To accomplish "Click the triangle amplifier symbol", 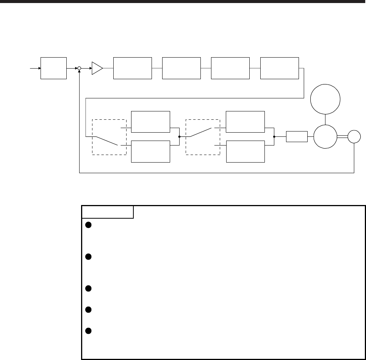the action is coord(97,68).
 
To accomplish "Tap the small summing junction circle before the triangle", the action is coord(79,68).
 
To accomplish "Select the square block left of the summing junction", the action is coord(53,68).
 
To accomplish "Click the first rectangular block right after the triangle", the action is coord(132,68).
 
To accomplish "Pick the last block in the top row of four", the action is coord(280,68).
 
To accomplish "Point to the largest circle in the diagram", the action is coord(325,99).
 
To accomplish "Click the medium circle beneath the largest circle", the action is coord(325,136).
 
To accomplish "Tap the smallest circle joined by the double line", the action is coord(354,136).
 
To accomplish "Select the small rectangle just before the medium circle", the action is coord(297,136).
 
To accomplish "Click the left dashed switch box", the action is coord(109,137).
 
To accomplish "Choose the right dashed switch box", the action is coord(203,137).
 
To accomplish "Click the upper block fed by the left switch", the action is coord(150,122).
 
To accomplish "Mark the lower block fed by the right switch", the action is coord(245,151).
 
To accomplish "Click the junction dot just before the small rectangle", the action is coord(274,136).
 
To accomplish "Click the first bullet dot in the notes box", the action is coord(87,224).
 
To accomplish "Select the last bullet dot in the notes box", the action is coord(87,330).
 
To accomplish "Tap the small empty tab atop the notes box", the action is coord(108,212).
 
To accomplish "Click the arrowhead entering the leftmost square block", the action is coord(38,68).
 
